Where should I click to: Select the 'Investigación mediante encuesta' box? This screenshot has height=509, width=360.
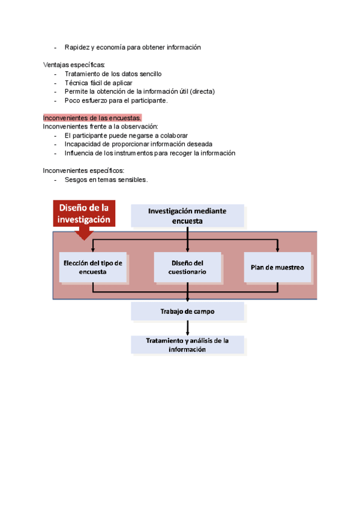(188, 216)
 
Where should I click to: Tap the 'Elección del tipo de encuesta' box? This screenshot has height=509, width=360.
(92, 267)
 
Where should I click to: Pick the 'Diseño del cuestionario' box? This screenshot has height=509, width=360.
(188, 267)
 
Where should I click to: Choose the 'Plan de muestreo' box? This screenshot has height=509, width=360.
(277, 267)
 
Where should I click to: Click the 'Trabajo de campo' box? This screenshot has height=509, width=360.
(188, 312)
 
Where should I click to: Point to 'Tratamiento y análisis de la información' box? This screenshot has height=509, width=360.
(188, 345)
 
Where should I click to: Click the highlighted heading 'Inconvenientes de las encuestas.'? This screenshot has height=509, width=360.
(92, 118)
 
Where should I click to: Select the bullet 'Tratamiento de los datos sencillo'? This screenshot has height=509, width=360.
(113, 74)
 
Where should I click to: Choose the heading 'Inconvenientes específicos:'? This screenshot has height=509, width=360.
(83, 170)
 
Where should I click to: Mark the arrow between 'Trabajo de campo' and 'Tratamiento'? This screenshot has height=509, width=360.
(188, 328)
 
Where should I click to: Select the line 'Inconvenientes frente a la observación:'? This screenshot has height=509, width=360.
(100, 127)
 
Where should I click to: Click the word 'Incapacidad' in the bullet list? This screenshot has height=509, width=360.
(83, 144)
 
